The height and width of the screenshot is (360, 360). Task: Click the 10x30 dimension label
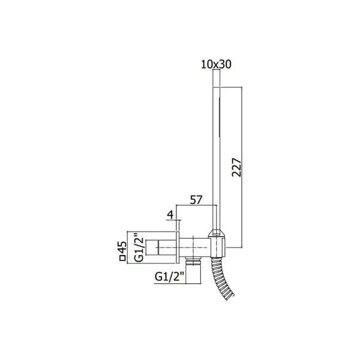(x=216, y=65)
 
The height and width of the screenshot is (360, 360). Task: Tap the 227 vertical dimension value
(x=236, y=167)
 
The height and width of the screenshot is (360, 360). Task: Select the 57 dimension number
(x=196, y=200)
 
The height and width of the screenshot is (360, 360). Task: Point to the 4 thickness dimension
(x=170, y=215)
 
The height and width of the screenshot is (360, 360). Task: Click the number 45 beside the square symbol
(x=122, y=247)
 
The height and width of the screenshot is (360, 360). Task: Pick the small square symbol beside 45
(x=122, y=258)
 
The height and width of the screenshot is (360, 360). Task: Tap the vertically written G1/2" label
(x=139, y=247)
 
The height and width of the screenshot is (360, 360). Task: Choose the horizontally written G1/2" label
(x=169, y=277)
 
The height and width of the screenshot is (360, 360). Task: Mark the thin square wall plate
(x=178, y=247)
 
